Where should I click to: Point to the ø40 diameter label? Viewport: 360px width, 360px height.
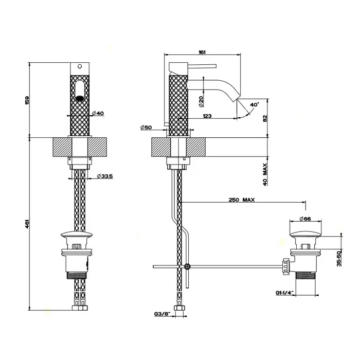(x=98, y=113)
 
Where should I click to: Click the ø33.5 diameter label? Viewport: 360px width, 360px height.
(x=105, y=176)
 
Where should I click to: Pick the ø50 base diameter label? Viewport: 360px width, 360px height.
(x=147, y=127)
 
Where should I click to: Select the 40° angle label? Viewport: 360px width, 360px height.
(x=254, y=104)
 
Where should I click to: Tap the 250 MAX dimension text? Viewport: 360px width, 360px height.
(x=242, y=200)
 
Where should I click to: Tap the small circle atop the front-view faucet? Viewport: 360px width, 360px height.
(x=79, y=66)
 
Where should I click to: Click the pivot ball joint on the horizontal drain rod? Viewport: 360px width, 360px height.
(x=187, y=266)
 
